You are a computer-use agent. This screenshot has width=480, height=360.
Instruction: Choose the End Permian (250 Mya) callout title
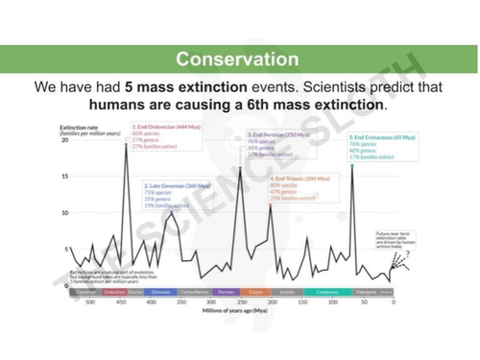278,135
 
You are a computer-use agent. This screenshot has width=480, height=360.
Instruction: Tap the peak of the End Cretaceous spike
353,166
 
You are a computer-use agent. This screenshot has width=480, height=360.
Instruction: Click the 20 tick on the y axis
64,140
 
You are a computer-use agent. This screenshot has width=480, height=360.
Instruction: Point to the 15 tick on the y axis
64,177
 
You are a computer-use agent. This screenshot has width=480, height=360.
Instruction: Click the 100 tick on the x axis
333,301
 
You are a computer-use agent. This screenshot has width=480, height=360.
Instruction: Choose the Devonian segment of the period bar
161,290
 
